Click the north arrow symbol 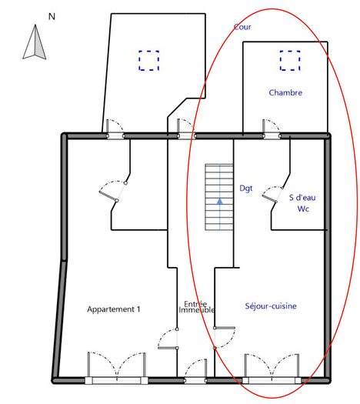point(34,42)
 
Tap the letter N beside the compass point(52,15)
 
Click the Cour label point(242,27)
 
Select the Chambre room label point(285,93)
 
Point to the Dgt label point(246,188)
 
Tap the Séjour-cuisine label point(271,306)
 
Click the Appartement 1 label point(114,309)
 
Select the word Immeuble point(196,309)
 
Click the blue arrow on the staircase point(219,202)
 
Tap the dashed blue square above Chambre point(290,60)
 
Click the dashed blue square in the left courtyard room point(148,60)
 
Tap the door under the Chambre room point(271,129)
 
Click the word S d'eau point(302,196)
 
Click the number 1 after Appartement point(138,309)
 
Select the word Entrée point(195,302)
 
